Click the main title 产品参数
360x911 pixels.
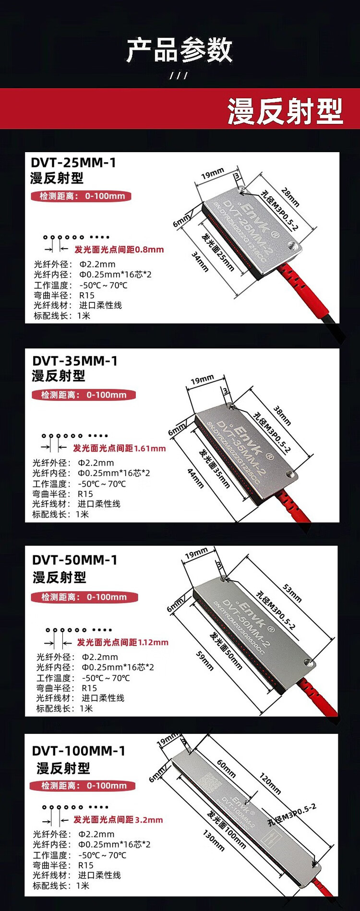(180, 50)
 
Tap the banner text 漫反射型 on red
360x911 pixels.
(285, 111)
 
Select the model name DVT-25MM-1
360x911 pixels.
(73, 163)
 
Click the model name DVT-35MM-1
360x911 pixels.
(75, 361)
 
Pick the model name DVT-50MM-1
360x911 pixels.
(75, 560)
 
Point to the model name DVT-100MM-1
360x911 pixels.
(79, 751)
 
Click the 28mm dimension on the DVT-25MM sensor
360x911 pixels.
(290, 197)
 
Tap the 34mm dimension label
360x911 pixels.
(200, 262)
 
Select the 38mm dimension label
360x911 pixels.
(282, 416)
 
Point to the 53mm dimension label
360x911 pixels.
(292, 593)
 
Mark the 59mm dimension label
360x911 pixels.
(205, 660)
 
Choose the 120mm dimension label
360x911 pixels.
(270, 783)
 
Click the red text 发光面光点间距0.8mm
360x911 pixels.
(119, 250)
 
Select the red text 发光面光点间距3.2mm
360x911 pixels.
(118, 820)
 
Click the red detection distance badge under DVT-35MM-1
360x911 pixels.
(84, 395)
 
